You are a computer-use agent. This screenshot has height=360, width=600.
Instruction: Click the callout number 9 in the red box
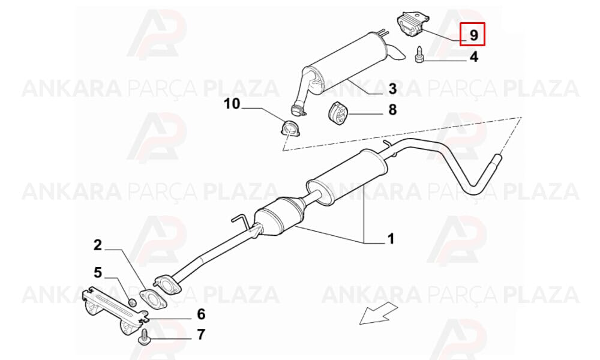pos(473,35)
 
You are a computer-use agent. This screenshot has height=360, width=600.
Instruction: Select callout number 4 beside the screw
pos(474,56)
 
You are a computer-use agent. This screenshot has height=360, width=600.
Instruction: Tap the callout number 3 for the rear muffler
pos(392,89)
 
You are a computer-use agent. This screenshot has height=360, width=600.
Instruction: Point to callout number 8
pos(392,110)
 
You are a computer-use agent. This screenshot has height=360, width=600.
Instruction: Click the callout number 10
pos(232,103)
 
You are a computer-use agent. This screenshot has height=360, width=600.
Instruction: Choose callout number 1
pos(391,239)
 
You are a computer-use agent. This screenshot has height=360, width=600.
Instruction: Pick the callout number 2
pos(98,245)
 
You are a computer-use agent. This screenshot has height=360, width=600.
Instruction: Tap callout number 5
pos(98,273)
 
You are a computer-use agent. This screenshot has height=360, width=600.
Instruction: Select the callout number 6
pos(201,314)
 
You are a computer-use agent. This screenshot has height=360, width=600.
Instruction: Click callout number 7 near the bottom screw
pos(201,334)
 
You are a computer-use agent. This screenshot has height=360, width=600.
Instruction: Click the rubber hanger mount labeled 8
pos(337,113)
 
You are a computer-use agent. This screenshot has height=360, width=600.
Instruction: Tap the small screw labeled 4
pos(419,55)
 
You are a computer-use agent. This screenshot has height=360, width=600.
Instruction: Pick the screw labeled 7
pos(144,337)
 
